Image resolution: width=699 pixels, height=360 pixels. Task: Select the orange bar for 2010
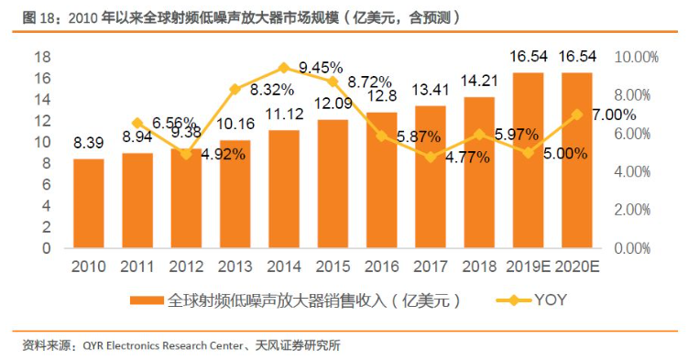pos(89,203)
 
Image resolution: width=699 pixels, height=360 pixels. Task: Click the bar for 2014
pos(284,189)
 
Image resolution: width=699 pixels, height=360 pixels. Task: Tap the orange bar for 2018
pos(479,172)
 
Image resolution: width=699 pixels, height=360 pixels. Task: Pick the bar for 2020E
pos(577,160)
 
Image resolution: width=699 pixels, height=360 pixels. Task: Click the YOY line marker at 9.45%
pos(284,68)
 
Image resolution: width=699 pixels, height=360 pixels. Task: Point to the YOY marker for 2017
pos(431,157)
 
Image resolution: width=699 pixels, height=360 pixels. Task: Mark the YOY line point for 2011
pos(137,123)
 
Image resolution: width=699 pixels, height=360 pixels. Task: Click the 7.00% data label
pos(614,115)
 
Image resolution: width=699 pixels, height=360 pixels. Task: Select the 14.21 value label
pos(480,82)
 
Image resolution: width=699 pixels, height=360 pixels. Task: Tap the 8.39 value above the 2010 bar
pos(89,143)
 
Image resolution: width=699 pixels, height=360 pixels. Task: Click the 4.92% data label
pos(224,154)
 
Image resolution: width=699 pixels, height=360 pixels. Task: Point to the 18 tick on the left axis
pos(43,57)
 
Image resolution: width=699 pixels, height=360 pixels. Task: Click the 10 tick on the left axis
pos(43,142)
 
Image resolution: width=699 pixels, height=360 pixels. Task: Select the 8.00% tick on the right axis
pos(632,95)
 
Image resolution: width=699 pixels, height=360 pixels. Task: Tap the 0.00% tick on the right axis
pos(632,248)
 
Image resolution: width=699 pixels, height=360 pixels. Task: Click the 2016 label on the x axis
pos(382,267)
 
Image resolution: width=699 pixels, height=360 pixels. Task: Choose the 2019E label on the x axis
pos(529,267)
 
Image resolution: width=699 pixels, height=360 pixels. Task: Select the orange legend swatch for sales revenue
pos(147,300)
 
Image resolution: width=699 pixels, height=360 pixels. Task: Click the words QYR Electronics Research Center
pos(163,345)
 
